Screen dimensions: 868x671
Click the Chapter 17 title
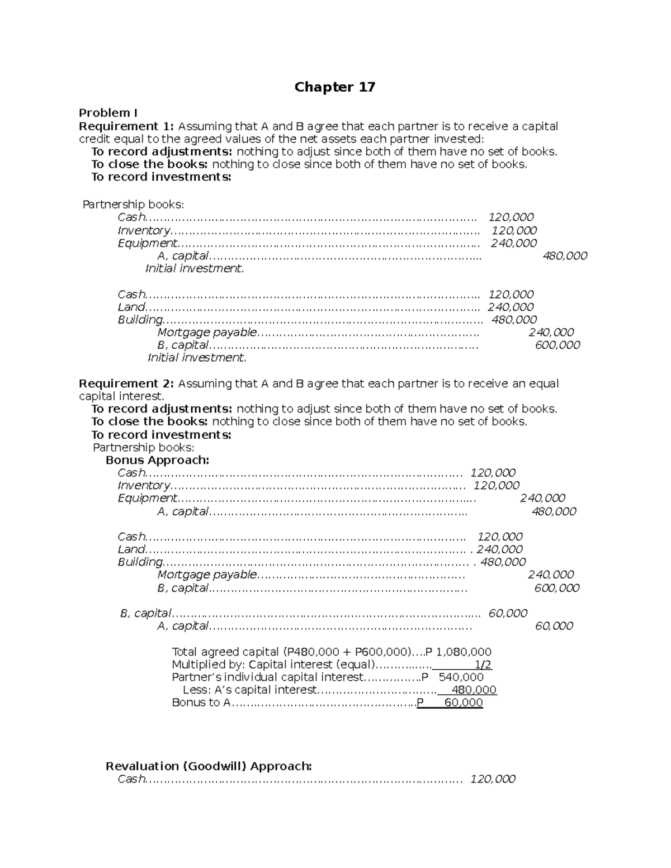334,87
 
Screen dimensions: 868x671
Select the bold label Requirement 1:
126,126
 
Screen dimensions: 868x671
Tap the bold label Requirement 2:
126,383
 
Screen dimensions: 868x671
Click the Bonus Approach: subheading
157,460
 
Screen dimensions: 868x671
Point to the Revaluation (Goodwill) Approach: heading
209,766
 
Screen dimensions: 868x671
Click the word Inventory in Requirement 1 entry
144,230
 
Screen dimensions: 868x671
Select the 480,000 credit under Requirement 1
565,256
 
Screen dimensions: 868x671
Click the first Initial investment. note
195,268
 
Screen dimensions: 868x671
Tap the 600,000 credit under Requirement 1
557,345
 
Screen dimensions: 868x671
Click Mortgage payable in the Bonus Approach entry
207,575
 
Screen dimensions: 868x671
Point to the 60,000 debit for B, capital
508,613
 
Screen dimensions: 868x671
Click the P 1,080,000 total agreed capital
458,652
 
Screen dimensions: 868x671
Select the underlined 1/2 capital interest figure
483,665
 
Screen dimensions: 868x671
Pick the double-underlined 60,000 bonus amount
463,703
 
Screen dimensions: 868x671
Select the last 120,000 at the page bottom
493,779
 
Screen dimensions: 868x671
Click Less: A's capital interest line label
249,690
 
